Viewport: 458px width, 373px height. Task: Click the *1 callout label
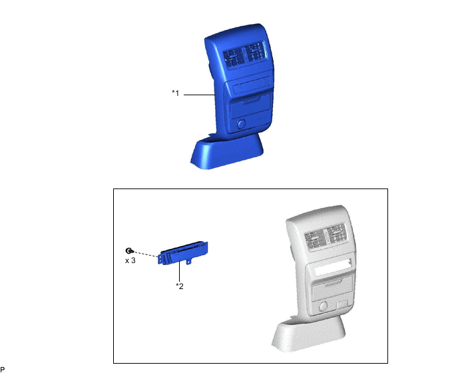point(175,93)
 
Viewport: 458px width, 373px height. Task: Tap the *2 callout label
point(180,286)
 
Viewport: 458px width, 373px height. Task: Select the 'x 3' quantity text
point(130,260)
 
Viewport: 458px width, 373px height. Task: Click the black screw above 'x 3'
point(129,251)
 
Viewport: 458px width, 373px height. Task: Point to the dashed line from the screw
point(146,254)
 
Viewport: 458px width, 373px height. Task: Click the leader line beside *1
point(200,95)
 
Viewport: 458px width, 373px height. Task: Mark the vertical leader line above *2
point(179,272)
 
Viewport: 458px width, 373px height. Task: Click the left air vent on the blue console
point(234,57)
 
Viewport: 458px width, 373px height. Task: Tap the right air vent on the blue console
point(255,53)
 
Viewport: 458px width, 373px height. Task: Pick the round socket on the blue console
point(241,124)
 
